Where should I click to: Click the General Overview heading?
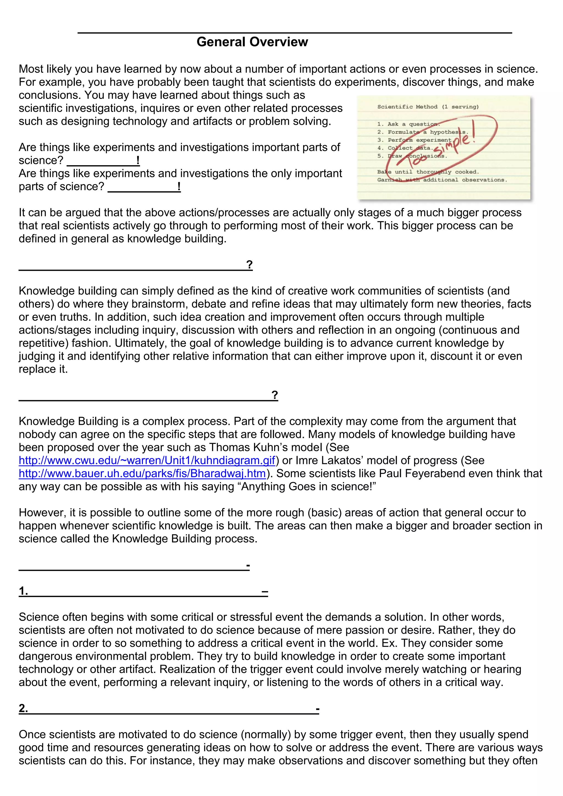pyautogui.click(x=252, y=42)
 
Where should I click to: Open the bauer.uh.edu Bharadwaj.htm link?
pyautogui.click(x=142, y=474)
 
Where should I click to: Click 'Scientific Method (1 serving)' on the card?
pyautogui.click(x=428, y=107)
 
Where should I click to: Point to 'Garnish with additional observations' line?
pyautogui.click(x=442, y=180)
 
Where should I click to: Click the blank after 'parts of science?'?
pyautogui.click(x=143, y=187)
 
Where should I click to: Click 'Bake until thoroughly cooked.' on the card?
pyautogui.click(x=428, y=172)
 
